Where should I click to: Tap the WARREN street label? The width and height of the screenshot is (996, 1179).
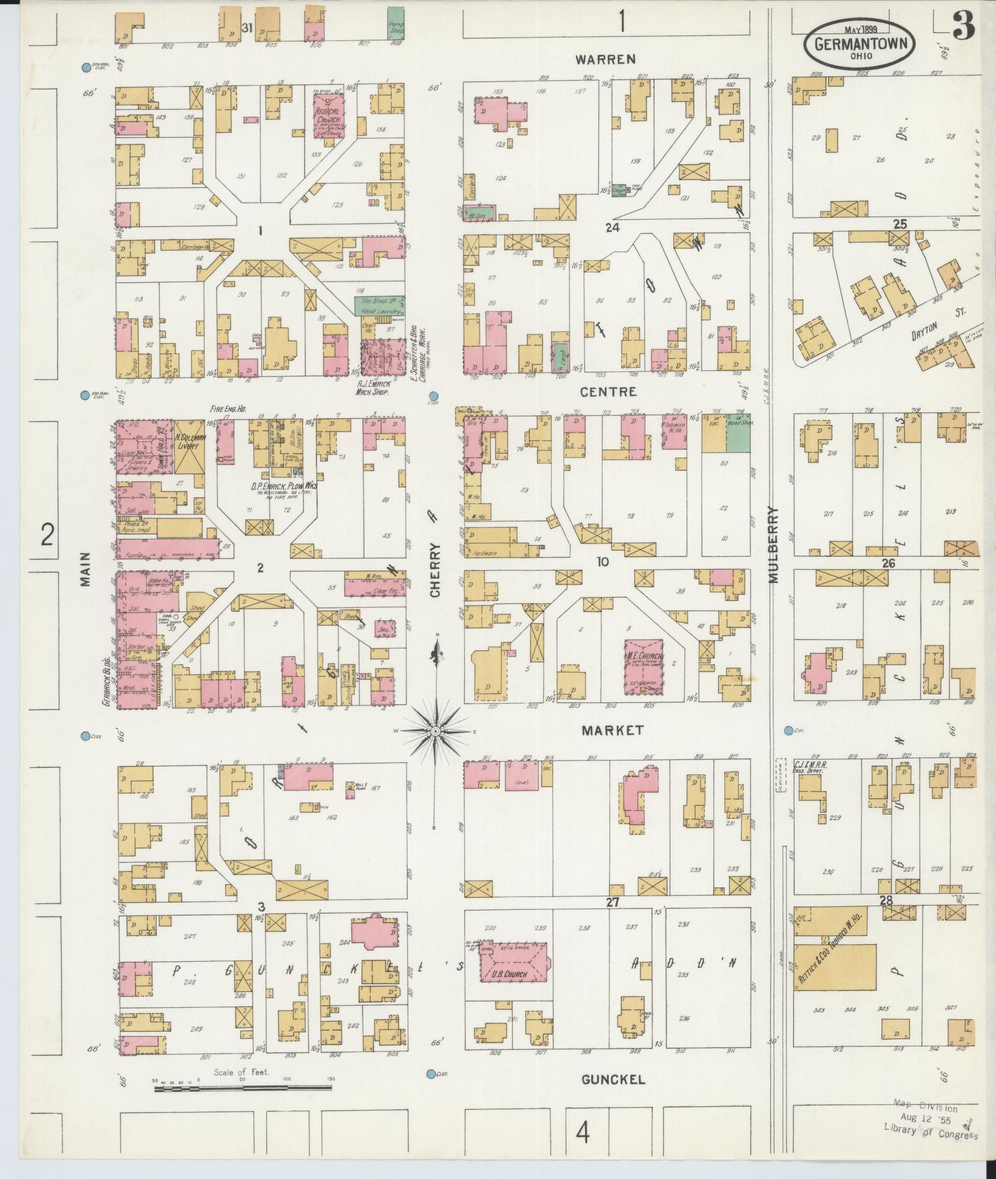coord(606,59)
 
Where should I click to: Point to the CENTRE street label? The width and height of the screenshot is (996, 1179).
coord(609,392)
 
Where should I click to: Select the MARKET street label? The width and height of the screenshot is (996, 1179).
coord(612,730)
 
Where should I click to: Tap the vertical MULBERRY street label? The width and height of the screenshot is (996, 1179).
coord(773,545)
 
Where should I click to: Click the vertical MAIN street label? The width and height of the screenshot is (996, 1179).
coord(84,569)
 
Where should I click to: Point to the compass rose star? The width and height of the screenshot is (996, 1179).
coord(435,731)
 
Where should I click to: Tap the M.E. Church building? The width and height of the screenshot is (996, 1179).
coord(644,667)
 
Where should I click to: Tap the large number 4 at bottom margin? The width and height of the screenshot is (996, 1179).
coord(583,1134)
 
